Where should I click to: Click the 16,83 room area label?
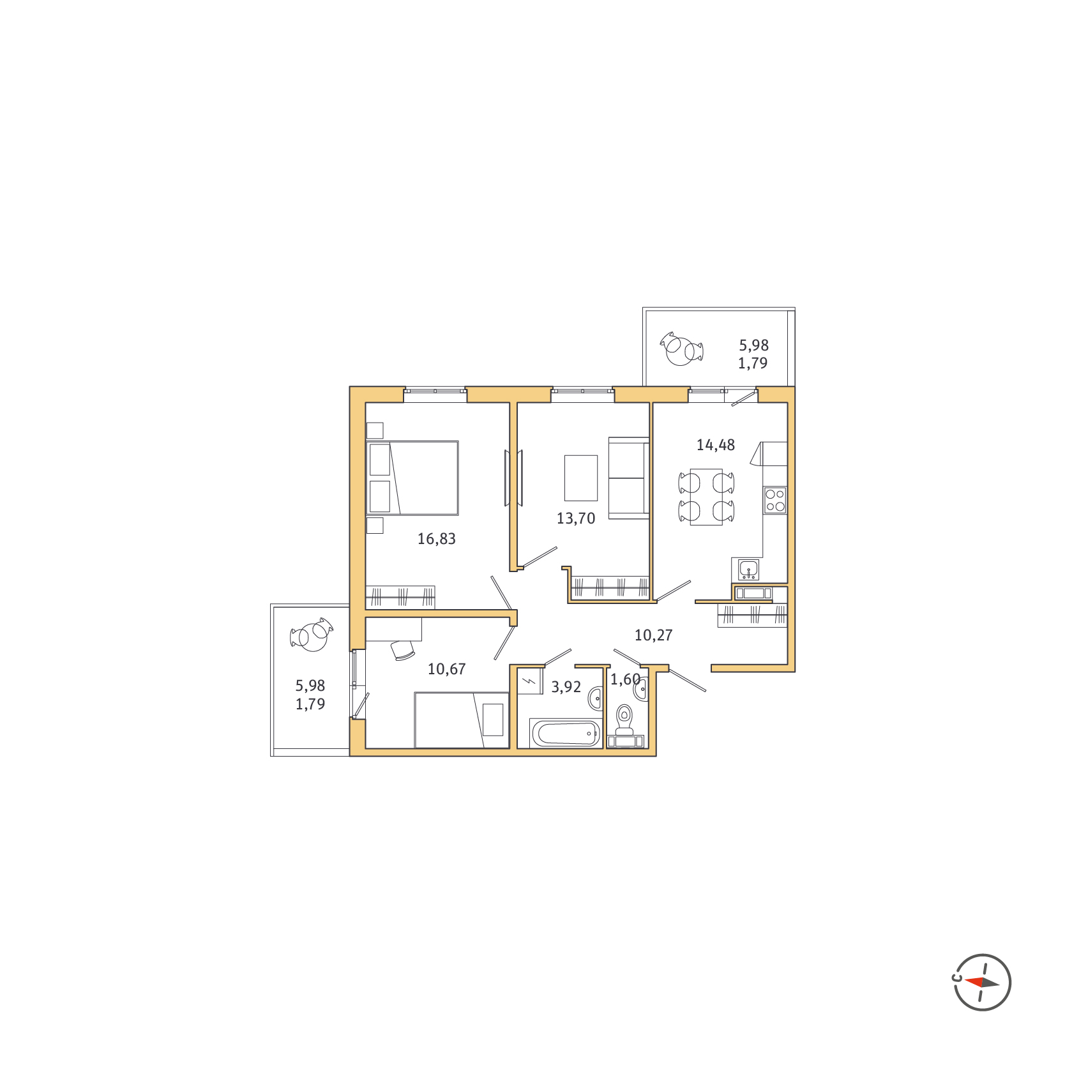click(x=437, y=539)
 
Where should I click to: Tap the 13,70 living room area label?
click(x=576, y=518)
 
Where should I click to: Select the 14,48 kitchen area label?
click(x=716, y=445)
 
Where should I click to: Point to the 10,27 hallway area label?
click(x=654, y=635)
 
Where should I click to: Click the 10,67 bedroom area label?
click(x=447, y=669)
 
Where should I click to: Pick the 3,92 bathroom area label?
click(x=566, y=687)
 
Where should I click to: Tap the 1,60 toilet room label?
click(x=625, y=679)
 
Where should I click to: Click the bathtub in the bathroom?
click(x=566, y=733)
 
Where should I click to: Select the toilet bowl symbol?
click(x=624, y=720)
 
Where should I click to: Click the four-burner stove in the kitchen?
click(x=775, y=501)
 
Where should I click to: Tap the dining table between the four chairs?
click(x=706, y=497)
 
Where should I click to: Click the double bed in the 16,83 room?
click(x=412, y=478)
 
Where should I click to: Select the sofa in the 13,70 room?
click(x=629, y=478)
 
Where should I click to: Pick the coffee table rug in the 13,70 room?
click(x=581, y=478)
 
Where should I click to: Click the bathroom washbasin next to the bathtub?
click(x=596, y=699)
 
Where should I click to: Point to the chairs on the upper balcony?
click(x=682, y=349)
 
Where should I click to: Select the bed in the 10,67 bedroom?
click(x=462, y=720)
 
